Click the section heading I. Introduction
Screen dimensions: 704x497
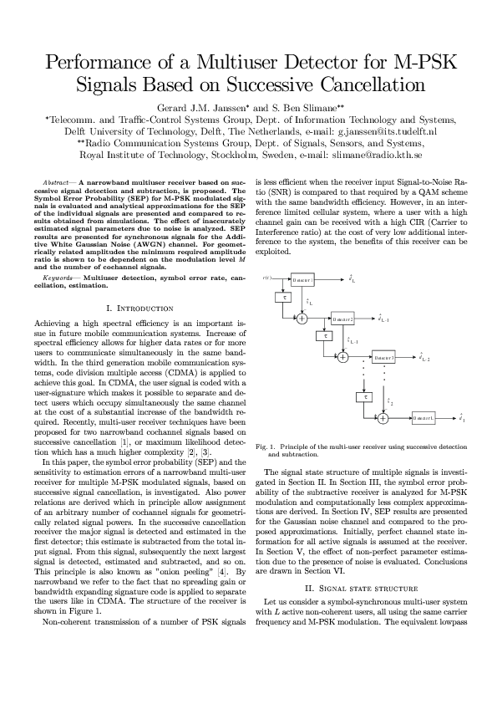point(140,309)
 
